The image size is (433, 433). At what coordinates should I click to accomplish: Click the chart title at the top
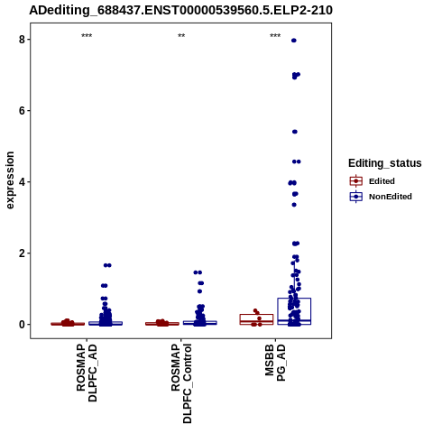pos(180,10)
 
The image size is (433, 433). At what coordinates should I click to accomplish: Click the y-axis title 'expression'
pos(10,180)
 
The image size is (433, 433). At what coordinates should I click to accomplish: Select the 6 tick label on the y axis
pos(23,111)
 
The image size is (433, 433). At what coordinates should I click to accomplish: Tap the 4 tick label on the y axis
pos(23,182)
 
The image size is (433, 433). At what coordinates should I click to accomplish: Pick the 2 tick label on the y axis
pos(23,253)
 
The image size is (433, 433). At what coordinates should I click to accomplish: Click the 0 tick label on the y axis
pos(23,325)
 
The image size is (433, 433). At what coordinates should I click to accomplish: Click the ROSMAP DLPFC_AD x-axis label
pos(87,373)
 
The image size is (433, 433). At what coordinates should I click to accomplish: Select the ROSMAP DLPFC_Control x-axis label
pos(181,383)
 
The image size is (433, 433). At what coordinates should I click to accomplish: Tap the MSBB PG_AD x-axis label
pos(275,363)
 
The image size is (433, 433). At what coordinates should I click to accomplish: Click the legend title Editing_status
pos(385,163)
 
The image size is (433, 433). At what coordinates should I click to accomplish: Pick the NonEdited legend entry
pos(381,197)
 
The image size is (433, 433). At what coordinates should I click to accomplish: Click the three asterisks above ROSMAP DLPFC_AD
pos(87,36)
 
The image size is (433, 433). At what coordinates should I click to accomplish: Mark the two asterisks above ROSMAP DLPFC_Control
pos(181,36)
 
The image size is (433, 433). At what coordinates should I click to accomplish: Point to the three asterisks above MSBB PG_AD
pos(275,36)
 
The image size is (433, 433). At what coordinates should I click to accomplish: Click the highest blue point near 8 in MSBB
pos(294,41)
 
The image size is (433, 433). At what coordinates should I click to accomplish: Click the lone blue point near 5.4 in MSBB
pos(295,132)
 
